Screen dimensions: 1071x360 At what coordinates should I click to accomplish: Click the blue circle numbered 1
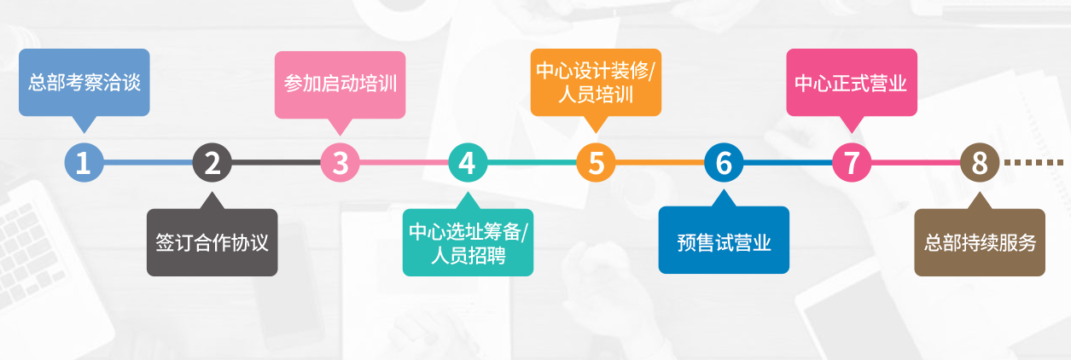tap(84, 163)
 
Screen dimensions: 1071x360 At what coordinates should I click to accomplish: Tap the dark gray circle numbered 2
tap(212, 163)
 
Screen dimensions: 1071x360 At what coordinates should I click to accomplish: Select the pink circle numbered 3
tap(340, 163)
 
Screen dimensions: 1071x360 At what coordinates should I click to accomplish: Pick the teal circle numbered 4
tap(469, 163)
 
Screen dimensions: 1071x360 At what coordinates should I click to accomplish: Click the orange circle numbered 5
tap(596, 163)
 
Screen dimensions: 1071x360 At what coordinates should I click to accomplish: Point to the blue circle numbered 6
tap(724, 163)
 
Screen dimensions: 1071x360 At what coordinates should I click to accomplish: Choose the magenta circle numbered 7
tap(852, 163)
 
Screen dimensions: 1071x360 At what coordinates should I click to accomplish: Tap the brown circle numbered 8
tap(980, 163)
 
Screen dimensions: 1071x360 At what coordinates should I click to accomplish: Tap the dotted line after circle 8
tap(1033, 163)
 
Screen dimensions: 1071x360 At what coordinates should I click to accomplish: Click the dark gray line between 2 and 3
tap(276, 163)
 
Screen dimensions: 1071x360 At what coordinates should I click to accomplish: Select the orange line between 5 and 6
tap(660, 163)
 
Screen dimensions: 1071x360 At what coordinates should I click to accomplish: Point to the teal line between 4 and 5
tap(532, 163)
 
